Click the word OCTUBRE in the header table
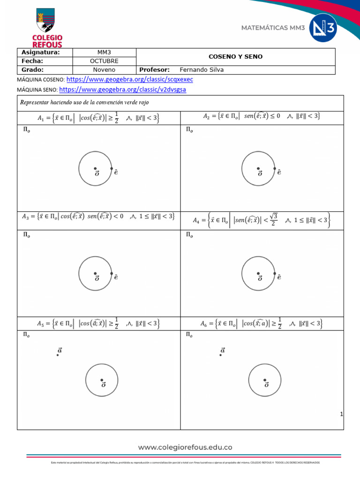(x=104, y=61)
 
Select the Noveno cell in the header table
(x=104, y=70)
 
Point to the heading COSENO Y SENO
(x=235, y=57)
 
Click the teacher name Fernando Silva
(x=202, y=70)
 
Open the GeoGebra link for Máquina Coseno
(x=130, y=80)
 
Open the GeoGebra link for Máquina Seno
(x=123, y=89)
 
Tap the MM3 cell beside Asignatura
(x=104, y=52)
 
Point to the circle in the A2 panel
(x=258, y=168)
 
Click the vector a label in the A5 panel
(x=60, y=350)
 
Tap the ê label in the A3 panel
(x=116, y=277)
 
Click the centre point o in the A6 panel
(x=265, y=380)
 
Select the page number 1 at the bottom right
(x=342, y=414)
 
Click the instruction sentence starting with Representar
(x=84, y=103)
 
